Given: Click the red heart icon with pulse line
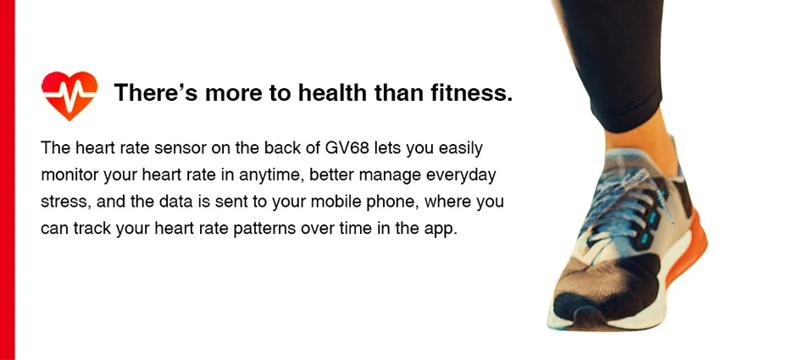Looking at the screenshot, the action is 69,96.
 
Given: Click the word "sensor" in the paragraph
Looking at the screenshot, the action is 181,148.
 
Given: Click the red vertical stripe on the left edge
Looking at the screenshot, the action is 7,180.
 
